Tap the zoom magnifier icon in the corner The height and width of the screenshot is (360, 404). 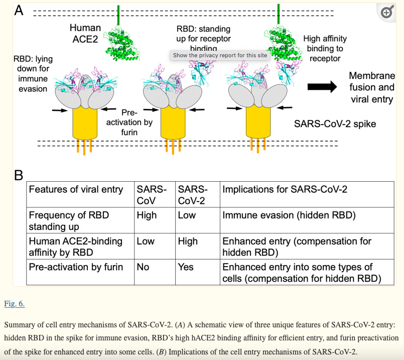[387, 13]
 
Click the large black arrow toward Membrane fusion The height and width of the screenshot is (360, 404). [322, 87]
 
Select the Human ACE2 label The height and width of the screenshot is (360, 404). [85, 34]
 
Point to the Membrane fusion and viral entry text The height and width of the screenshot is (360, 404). [371, 87]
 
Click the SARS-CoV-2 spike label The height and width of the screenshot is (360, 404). [335, 123]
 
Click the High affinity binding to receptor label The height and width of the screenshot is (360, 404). [325, 49]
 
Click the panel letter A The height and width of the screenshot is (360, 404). [19, 11]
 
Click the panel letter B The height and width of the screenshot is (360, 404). [19, 175]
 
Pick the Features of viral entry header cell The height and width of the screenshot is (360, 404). [76, 190]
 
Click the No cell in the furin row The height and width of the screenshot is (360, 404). [143, 267]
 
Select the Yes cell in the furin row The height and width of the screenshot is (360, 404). [186, 267]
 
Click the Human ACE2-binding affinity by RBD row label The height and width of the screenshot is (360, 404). [76, 247]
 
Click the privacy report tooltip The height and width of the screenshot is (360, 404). [220, 55]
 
